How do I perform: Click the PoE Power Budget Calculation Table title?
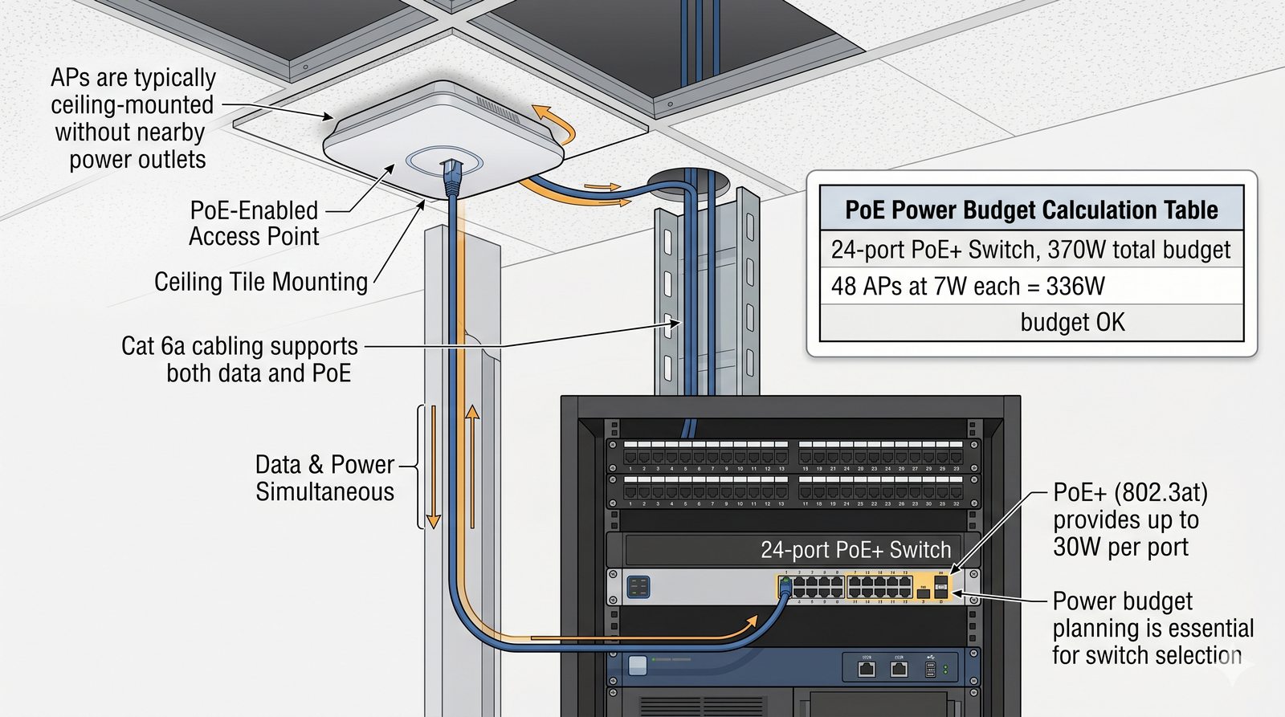(1031, 210)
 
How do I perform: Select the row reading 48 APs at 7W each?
(968, 287)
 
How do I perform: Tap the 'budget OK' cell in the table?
(1072, 323)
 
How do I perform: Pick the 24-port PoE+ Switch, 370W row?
(1030, 250)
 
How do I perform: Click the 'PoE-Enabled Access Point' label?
(255, 223)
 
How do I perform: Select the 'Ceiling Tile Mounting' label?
(260, 282)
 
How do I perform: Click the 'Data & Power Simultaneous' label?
(324, 478)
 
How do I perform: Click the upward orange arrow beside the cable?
(472, 466)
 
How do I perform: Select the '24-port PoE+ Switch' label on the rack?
(855, 550)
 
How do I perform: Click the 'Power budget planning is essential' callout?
(1152, 628)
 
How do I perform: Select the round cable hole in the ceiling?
(687, 181)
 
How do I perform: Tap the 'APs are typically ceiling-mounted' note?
(133, 118)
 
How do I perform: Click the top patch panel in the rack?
(793, 455)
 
